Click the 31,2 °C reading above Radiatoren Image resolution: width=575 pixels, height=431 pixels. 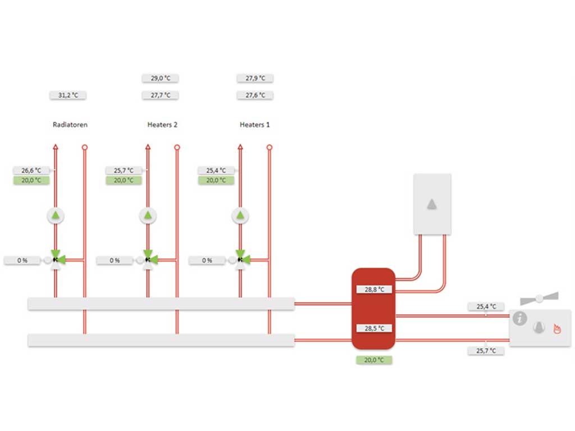click(x=68, y=95)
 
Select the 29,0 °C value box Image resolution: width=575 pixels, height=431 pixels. click(x=160, y=78)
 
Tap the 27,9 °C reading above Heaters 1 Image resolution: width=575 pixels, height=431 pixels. click(x=255, y=78)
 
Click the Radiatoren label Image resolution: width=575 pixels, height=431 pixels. click(x=70, y=125)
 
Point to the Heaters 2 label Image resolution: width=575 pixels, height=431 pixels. click(x=162, y=125)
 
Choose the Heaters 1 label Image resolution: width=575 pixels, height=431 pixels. click(x=254, y=125)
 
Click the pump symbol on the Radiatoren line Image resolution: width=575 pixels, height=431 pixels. click(x=56, y=216)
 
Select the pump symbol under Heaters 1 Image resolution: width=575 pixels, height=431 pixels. click(x=240, y=216)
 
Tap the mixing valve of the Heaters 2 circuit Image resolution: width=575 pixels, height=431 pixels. click(x=148, y=260)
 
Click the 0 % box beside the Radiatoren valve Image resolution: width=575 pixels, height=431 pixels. click(x=22, y=260)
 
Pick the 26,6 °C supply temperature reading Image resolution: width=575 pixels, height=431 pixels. click(x=31, y=171)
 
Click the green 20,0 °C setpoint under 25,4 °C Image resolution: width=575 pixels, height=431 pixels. click(x=216, y=180)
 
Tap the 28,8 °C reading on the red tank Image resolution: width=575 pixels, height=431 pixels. click(x=374, y=290)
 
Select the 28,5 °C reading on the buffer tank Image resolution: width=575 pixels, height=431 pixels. click(x=374, y=328)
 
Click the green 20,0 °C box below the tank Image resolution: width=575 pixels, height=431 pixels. click(x=374, y=360)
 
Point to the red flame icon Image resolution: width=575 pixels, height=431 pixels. click(x=557, y=328)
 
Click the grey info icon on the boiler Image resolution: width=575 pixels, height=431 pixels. click(x=519, y=318)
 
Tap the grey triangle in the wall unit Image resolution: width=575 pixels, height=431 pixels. click(x=432, y=204)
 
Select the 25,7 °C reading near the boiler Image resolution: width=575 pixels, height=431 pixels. click(x=486, y=351)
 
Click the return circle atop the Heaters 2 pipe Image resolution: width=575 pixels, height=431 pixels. click(x=177, y=148)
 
